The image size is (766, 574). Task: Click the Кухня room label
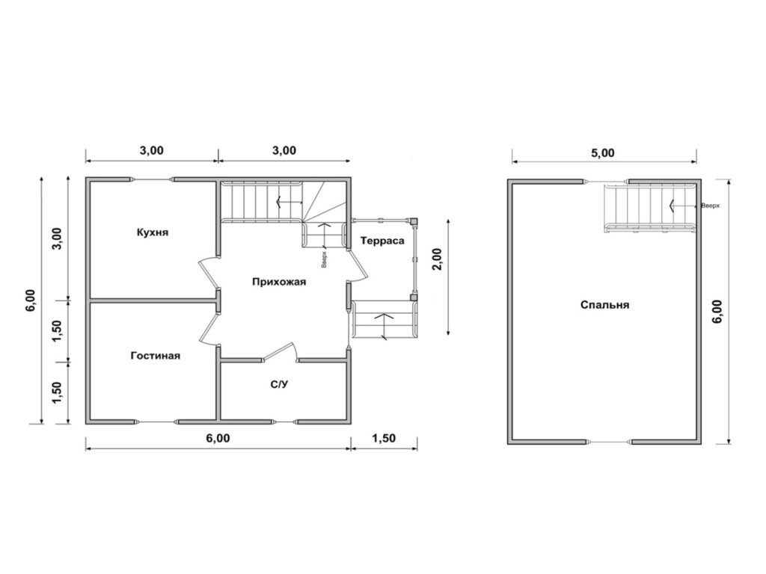(x=153, y=232)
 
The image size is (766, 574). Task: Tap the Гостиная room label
(x=156, y=356)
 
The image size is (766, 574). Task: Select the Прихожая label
(x=279, y=282)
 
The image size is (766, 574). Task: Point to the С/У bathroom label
(x=280, y=385)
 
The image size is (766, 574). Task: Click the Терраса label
(x=382, y=241)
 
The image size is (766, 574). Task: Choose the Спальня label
(x=604, y=305)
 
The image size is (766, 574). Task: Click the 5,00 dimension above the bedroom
(x=603, y=153)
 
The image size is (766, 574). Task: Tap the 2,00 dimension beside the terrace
(x=437, y=259)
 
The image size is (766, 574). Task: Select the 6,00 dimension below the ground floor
(x=218, y=438)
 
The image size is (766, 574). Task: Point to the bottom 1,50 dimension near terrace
(x=384, y=438)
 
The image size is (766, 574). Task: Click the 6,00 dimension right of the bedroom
(x=717, y=312)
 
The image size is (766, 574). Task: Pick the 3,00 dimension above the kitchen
(x=151, y=150)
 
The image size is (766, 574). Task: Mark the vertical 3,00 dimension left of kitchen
(x=57, y=238)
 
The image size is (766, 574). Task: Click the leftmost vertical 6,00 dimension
(x=31, y=300)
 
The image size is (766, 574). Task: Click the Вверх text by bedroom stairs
(x=711, y=206)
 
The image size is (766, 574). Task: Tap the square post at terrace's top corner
(x=414, y=221)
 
